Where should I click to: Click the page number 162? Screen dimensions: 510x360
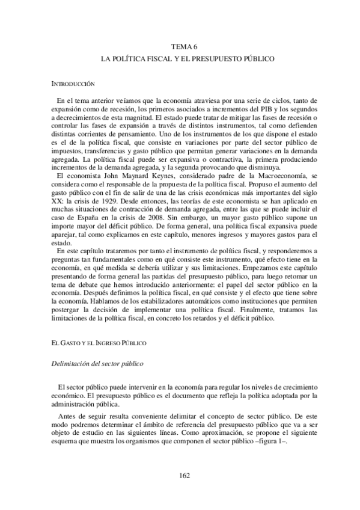click(185, 476)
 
